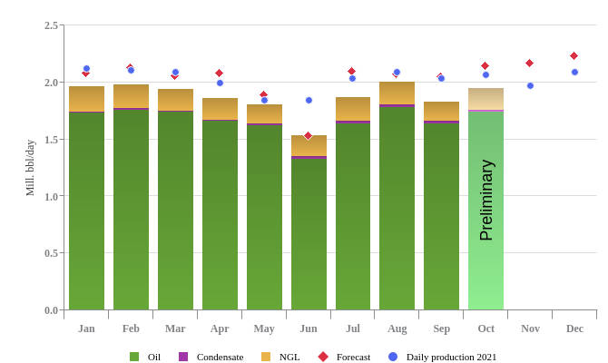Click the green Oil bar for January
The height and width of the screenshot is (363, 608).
pos(86,211)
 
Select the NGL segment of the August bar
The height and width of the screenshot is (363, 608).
pos(397,93)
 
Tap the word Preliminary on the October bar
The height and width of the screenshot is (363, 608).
pos(486,200)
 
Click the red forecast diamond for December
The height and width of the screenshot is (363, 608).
pos(574,55)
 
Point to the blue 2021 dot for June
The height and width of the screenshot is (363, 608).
pos(309,100)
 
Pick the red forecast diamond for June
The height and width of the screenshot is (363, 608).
pos(308,135)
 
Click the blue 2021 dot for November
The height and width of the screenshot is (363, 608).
pos(530,85)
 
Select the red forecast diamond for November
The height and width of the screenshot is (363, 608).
pos(529,63)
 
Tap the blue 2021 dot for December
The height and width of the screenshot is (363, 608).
pos(574,72)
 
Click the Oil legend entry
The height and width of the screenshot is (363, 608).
pos(145,357)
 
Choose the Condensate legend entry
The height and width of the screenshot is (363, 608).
pos(211,357)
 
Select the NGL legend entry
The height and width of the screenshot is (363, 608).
pos(280,357)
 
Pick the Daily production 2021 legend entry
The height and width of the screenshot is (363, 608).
pos(442,357)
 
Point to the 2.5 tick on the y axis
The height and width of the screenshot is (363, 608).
pos(51,25)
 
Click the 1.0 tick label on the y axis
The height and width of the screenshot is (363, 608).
pos(51,196)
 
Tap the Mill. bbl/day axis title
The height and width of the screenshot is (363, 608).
pos(30,168)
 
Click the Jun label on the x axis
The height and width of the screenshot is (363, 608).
pos(309,329)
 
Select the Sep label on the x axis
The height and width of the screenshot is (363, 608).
pos(441,329)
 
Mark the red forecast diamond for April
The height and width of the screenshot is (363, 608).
pos(219,73)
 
